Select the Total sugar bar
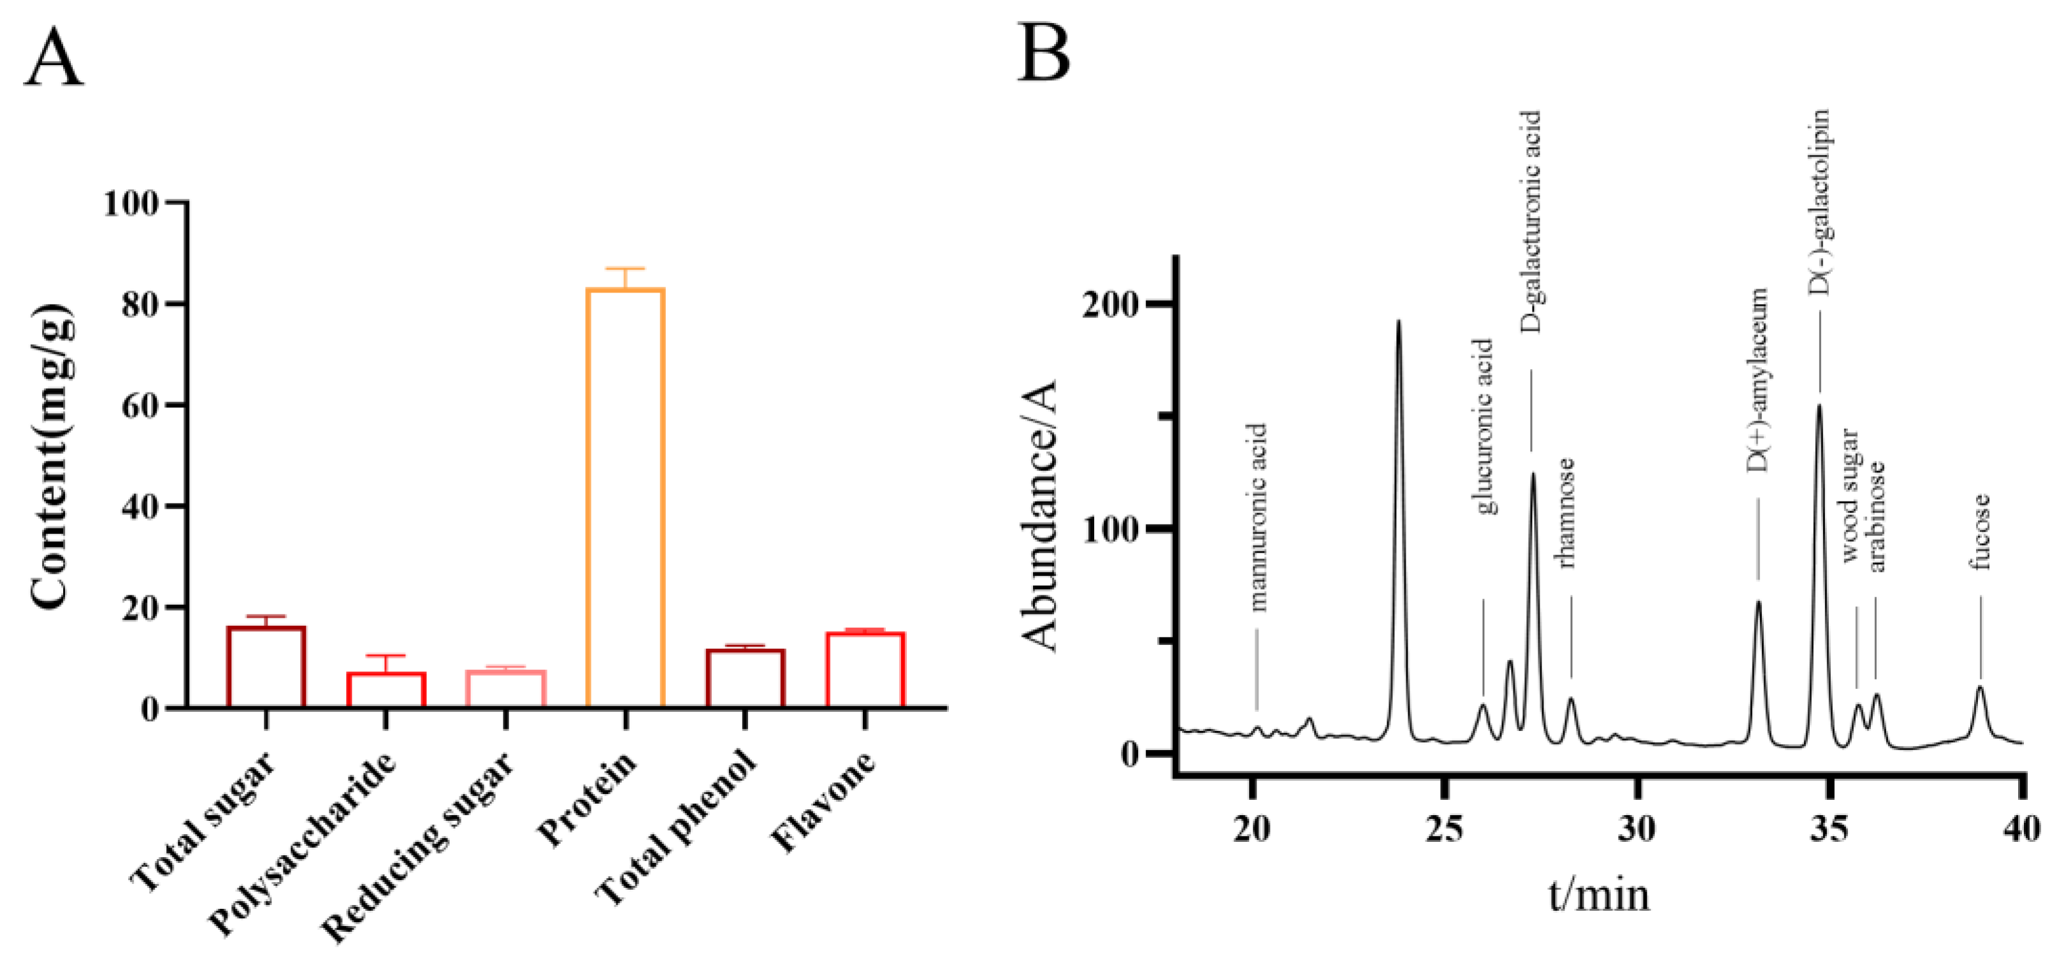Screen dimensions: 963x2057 (266, 667)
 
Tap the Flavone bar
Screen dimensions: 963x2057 (865, 670)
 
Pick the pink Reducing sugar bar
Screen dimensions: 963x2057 (505, 688)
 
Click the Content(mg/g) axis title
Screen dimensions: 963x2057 (52, 456)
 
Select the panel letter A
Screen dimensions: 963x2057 (54, 58)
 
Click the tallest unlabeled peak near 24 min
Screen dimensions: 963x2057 (1398, 323)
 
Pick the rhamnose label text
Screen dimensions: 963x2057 (1567, 512)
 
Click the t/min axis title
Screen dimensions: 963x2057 (1599, 894)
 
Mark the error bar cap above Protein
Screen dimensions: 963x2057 (625, 269)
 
